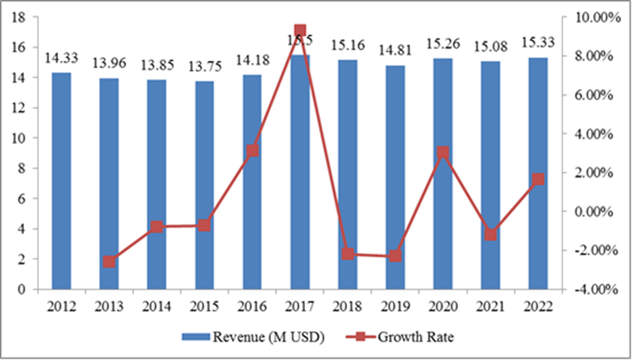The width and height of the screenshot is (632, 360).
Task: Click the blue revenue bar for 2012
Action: coord(62,181)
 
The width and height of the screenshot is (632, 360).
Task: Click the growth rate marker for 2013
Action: coord(109,261)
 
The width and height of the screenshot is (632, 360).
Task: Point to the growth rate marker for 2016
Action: coord(252,151)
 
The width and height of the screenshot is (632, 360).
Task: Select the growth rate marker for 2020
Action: coord(442,153)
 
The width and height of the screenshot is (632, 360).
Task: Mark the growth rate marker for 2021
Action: coord(490,235)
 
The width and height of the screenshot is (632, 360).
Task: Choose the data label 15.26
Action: coord(442,47)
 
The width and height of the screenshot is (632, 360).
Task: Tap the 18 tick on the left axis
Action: coord(21,17)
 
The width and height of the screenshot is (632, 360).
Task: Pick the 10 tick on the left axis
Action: coord(21,138)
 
